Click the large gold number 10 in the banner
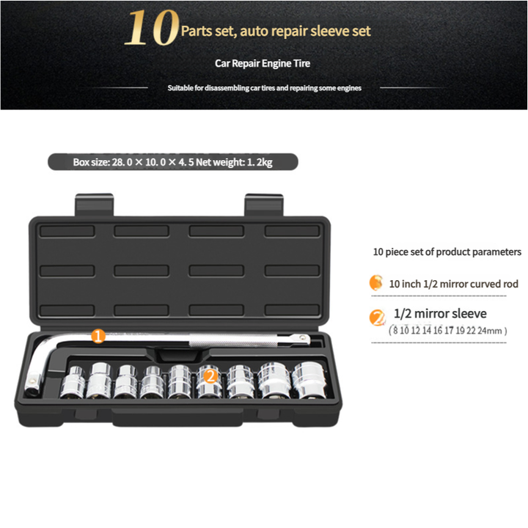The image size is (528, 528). (151, 28)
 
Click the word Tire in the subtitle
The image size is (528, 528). (301, 63)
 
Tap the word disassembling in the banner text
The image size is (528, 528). (227, 88)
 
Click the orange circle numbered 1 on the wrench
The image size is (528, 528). (98, 336)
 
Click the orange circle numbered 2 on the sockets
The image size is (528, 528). (210, 376)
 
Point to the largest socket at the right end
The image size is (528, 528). (309, 380)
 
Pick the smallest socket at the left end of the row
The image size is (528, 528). (73, 383)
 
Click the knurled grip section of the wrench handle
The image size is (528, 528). (233, 340)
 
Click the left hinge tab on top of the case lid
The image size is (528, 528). (95, 205)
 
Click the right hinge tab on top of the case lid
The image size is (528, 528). (264, 205)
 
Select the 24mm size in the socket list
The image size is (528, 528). (490, 331)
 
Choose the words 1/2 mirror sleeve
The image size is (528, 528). (440, 314)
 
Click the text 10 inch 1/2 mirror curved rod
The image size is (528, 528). (454, 285)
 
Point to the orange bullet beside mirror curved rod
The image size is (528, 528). (376, 283)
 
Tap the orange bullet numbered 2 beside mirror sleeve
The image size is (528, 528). (377, 318)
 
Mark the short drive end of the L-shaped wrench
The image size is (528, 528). (33, 384)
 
